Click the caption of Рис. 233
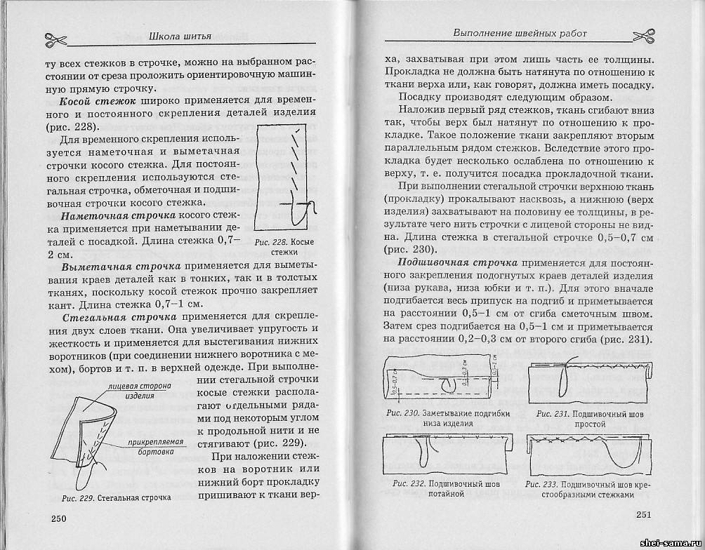point(589,488)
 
